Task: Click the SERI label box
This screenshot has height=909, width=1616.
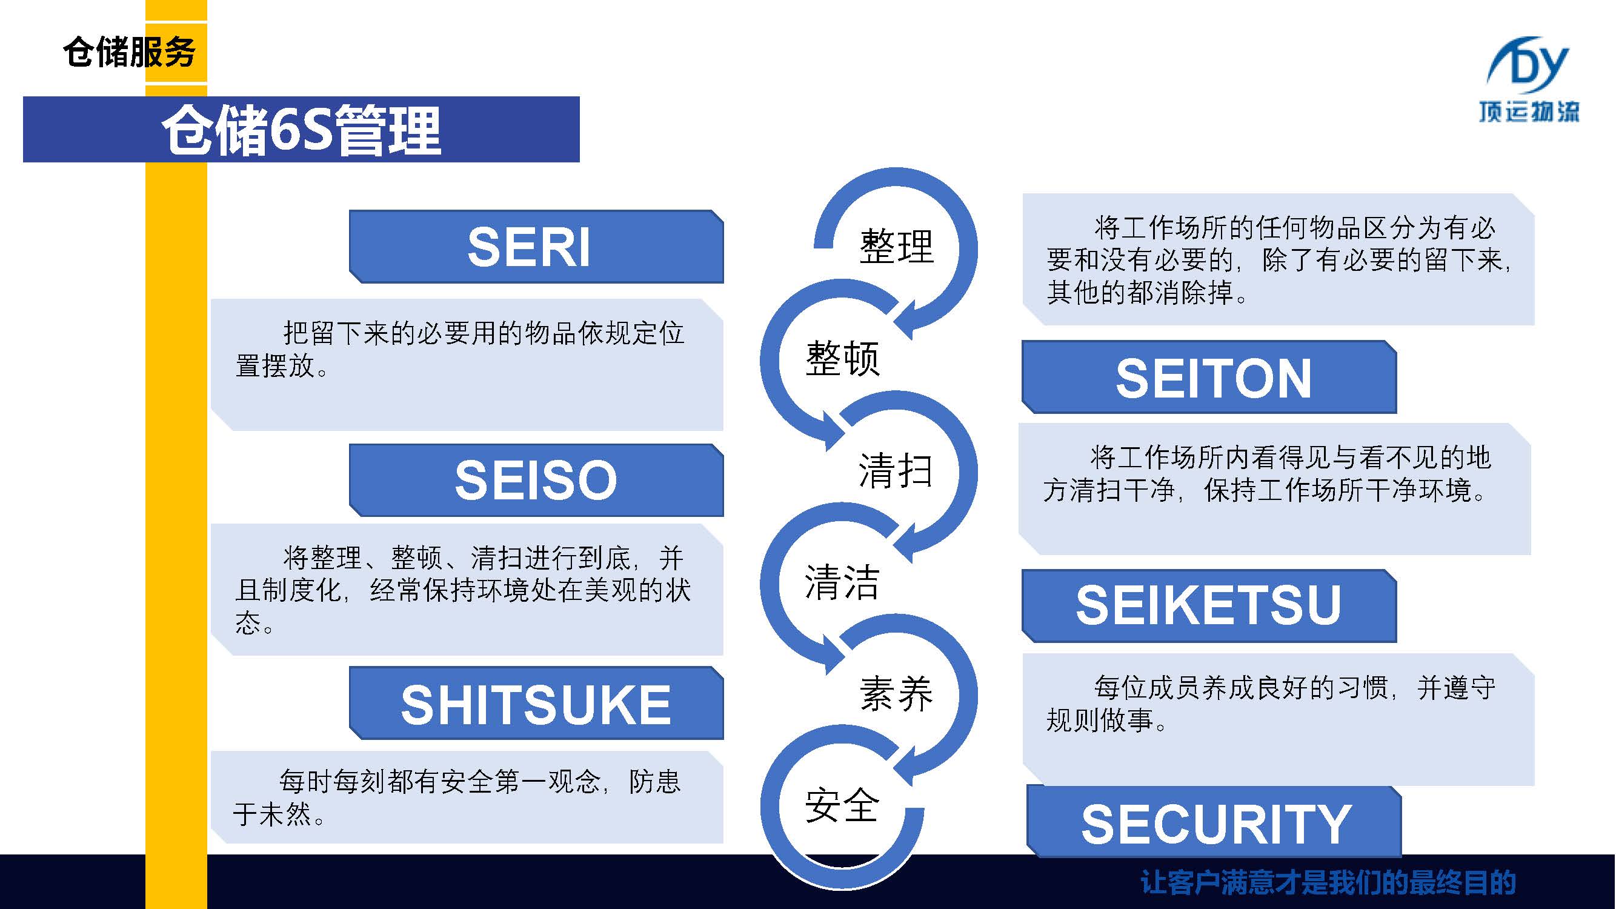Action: click(536, 247)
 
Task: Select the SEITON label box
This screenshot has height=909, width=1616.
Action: click(1209, 378)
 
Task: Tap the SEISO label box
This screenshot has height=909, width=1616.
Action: click(536, 481)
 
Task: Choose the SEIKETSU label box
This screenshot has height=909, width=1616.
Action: click(1209, 606)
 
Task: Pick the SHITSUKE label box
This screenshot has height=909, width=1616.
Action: click(536, 704)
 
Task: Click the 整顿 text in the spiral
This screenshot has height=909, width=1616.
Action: click(842, 359)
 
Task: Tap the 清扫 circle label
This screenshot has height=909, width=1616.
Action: click(895, 470)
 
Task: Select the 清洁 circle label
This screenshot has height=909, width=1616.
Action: click(842, 582)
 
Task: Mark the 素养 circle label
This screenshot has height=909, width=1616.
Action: click(896, 694)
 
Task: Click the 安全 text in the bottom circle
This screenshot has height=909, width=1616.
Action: click(842, 805)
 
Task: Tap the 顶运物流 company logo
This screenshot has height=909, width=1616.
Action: click(1529, 78)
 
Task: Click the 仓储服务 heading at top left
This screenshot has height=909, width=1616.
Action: click(129, 52)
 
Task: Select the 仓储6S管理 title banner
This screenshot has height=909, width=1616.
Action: click(301, 130)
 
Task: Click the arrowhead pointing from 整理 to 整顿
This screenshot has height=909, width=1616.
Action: click(907, 320)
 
